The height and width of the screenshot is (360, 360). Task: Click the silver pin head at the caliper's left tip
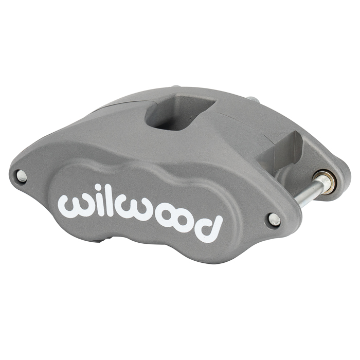pos(22,176)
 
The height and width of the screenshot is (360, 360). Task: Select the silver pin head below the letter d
pos(274,220)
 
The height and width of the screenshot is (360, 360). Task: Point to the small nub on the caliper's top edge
pos(175,88)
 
